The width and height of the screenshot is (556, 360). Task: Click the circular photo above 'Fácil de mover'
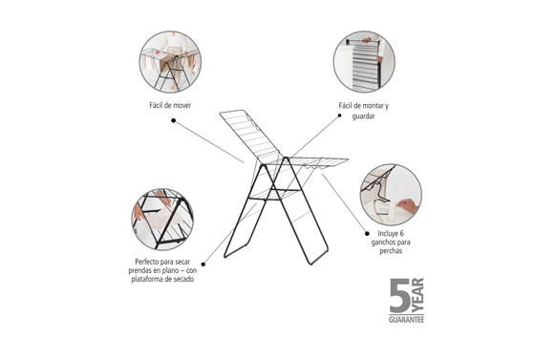170,62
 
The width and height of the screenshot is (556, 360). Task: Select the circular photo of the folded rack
364,62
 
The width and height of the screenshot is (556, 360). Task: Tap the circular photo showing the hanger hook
391,195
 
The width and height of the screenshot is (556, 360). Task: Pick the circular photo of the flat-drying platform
162,220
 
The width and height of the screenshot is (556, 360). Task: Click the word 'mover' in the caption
182,105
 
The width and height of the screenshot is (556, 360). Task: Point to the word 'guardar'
363,116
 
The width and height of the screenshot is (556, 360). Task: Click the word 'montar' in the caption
373,106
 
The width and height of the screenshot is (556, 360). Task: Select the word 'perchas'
391,251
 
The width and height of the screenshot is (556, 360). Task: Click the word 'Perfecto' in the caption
147,262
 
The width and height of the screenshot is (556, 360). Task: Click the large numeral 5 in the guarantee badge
400,295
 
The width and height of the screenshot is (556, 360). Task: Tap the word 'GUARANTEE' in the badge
406,319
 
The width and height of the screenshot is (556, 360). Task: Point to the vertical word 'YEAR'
417,295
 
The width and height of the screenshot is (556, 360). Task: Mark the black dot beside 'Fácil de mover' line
174,120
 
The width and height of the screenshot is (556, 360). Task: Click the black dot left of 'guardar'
339,116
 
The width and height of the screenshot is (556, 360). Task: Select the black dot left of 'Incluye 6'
367,234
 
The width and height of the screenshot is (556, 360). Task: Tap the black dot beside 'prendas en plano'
203,265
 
